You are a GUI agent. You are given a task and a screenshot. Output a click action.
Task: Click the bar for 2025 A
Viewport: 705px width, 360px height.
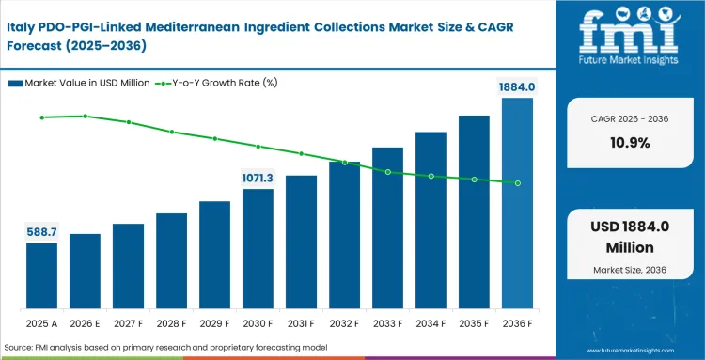tap(41, 277)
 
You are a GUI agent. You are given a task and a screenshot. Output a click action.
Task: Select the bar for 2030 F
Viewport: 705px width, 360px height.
tap(258, 250)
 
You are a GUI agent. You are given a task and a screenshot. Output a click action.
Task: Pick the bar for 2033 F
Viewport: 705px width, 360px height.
tap(387, 229)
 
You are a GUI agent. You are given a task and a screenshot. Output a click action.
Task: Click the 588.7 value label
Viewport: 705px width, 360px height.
tap(41, 231)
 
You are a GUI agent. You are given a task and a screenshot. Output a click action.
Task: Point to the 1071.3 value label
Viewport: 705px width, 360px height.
tap(258, 178)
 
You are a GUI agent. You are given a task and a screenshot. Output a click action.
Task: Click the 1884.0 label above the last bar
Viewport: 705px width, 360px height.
tap(517, 86)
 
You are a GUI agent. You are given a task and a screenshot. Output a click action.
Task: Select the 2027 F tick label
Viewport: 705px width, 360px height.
tap(128, 323)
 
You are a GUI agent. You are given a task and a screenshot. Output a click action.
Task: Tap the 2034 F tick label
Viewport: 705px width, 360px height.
tap(431, 323)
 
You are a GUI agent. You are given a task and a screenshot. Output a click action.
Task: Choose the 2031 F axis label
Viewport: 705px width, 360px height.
tap(301, 323)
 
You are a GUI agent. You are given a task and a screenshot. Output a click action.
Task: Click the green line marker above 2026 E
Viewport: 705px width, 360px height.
tap(85, 116)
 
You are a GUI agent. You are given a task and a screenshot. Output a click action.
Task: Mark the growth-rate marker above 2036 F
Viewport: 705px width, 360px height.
tap(517, 182)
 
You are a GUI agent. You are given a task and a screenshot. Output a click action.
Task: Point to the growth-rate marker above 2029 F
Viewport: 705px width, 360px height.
tap(214, 138)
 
